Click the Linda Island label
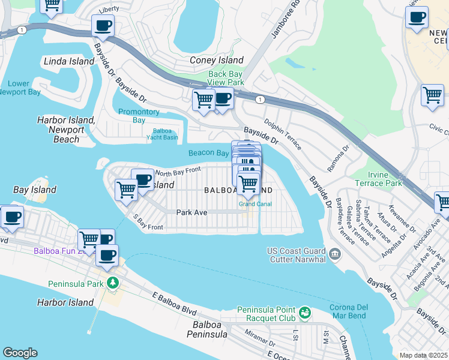coord(69,61)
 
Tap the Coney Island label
coord(217,60)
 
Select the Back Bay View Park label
coord(226,78)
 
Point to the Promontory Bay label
coord(139,116)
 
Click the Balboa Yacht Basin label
coord(162,134)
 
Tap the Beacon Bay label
coord(208,153)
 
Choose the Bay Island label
coord(35,190)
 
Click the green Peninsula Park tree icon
coord(111,283)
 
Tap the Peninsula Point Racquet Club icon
coord(305,313)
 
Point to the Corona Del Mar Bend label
coord(352,311)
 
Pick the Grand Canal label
coord(255,204)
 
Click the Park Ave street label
coord(191,212)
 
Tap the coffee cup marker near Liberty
coord(103,26)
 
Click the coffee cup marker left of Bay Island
coord(12,217)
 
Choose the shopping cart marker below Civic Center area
coord(432,95)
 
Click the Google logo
coord(20,353)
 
